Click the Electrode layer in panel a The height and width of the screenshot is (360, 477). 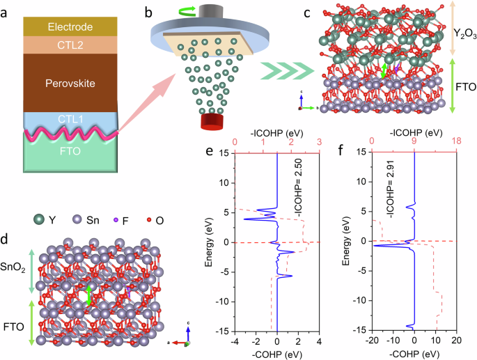pos(69,27)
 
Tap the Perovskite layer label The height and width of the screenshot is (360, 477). pos(69,83)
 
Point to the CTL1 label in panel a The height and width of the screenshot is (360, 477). pos(69,119)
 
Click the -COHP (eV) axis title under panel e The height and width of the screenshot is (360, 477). pos(276,355)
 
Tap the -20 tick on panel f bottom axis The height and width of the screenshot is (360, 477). pos(371,343)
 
